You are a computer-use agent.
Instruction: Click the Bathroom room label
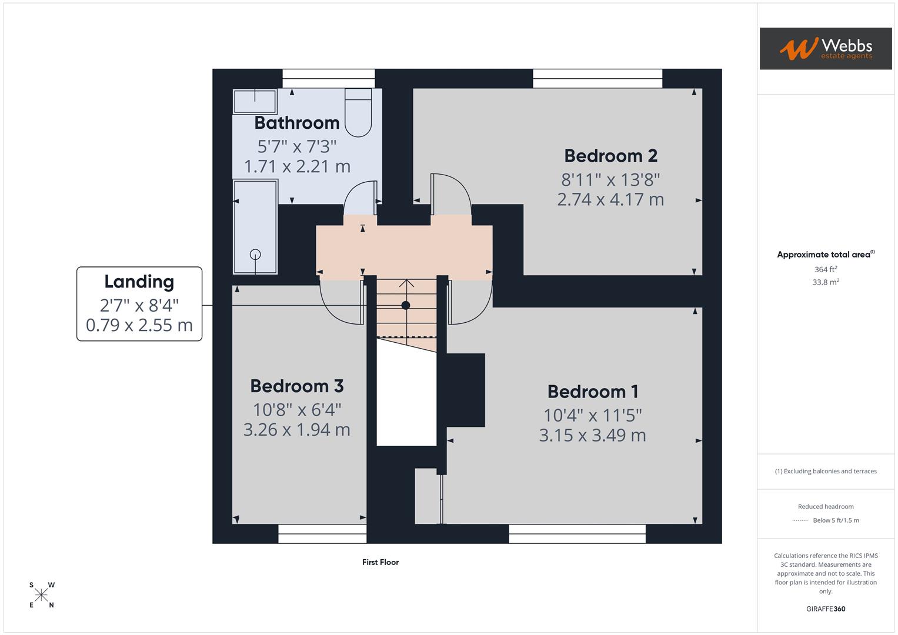tap(297, 123)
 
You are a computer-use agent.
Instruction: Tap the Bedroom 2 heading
tap(610, 156)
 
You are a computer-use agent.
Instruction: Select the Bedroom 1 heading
tap(592, 392)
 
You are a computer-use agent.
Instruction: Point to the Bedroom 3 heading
tap(296, 386)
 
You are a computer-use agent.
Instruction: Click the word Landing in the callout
tap(139, 282)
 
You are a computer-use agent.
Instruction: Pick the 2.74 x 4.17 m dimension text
tap(610, 199)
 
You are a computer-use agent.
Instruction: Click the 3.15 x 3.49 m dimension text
tap(592, 435)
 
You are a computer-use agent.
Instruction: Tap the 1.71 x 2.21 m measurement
tap(297, 166)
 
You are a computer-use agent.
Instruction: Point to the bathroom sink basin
tap(255, 101)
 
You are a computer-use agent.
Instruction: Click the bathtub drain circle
tap(255, 254)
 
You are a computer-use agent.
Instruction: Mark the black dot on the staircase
tap(406, 305)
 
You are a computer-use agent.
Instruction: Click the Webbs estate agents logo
tap(825, 48)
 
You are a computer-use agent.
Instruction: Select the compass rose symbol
tap(41, 595)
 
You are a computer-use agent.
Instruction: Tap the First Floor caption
tap(380, 562)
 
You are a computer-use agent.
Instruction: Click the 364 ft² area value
tap(825, 269)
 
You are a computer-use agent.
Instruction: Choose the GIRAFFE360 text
tap(825, 609)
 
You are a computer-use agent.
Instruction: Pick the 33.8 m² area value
tap(825, 282)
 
